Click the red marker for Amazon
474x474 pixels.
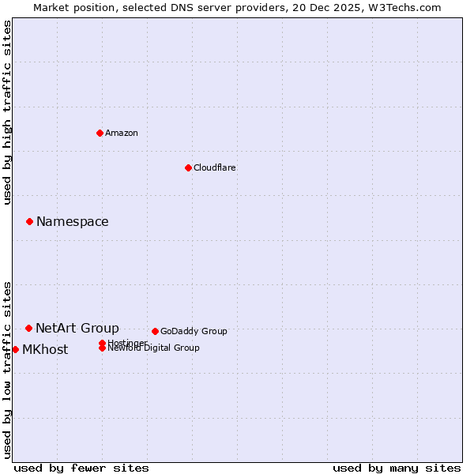click(100, 133)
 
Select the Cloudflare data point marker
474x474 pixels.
click(188, 167)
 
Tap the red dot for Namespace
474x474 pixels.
click(29, 221)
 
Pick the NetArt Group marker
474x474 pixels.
click(28, 328)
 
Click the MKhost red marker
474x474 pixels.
click(15, 349)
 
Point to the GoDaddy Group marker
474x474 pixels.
click(155, 331)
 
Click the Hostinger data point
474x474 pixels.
click(102, 343)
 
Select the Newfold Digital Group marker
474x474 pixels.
click(102, 348)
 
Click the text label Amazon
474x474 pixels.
click(122, 133)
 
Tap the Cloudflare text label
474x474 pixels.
click(215, 167)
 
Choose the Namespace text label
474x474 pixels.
click(73, 222)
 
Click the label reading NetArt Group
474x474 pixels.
click(77, 328)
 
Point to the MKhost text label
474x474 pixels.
click(45, 350)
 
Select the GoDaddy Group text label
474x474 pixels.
click(194, 332)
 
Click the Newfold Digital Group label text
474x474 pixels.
click(153, 348)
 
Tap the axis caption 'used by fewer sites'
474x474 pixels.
click(81, 468)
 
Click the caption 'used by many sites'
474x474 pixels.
click(397, 468)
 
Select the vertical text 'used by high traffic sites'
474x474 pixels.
click(7, 112)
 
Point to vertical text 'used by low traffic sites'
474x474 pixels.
click(7, 369)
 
